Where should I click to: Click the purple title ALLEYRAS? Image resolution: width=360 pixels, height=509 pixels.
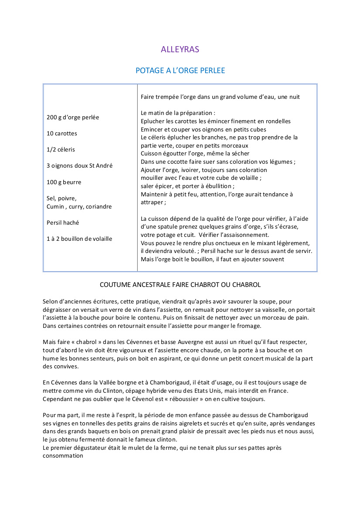coord(180,49)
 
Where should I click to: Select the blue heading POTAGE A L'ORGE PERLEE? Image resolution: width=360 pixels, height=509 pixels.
coord(180,70)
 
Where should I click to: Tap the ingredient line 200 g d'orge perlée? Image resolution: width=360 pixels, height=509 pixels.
coord(73,118)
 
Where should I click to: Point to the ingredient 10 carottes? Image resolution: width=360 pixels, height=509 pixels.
coord(62,134)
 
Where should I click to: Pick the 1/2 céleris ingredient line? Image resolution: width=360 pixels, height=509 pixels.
coord(61,150)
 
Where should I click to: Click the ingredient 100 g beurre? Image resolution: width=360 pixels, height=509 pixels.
coord(64,182)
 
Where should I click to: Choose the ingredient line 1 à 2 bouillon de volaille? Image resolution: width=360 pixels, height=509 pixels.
coord(79,239)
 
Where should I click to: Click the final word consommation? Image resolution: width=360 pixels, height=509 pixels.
coord(63,455)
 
